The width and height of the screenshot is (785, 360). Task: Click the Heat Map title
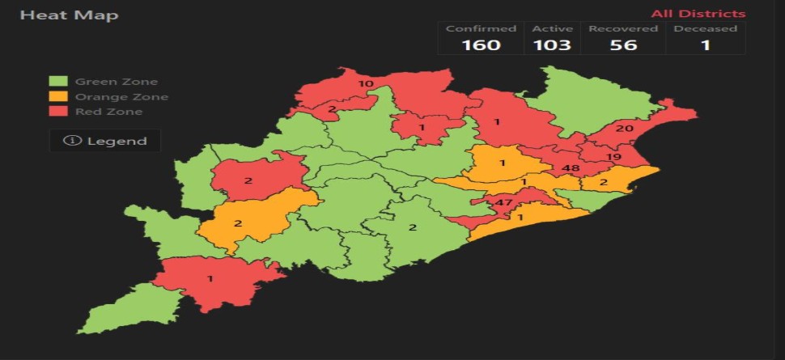69,15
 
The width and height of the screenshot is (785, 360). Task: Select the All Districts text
698,14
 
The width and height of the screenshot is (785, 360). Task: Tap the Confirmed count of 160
481,44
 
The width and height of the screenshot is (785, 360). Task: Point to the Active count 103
552,44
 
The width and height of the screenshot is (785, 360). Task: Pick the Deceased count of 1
706,44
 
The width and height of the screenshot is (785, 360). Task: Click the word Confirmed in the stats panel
481,28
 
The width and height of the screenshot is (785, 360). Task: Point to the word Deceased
706,28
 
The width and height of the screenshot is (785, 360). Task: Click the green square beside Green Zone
57,82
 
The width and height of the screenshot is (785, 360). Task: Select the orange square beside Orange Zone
57,97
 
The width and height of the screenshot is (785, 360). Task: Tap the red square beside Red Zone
57,112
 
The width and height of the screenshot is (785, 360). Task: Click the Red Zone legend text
108,112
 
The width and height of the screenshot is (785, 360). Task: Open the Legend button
105,141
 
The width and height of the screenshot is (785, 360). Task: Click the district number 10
366,83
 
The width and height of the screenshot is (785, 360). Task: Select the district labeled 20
624,128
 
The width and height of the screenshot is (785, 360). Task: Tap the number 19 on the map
613,157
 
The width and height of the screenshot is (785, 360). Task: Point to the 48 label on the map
571,168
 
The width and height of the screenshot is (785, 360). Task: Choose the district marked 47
505,203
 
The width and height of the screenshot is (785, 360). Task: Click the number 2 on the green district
412,227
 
